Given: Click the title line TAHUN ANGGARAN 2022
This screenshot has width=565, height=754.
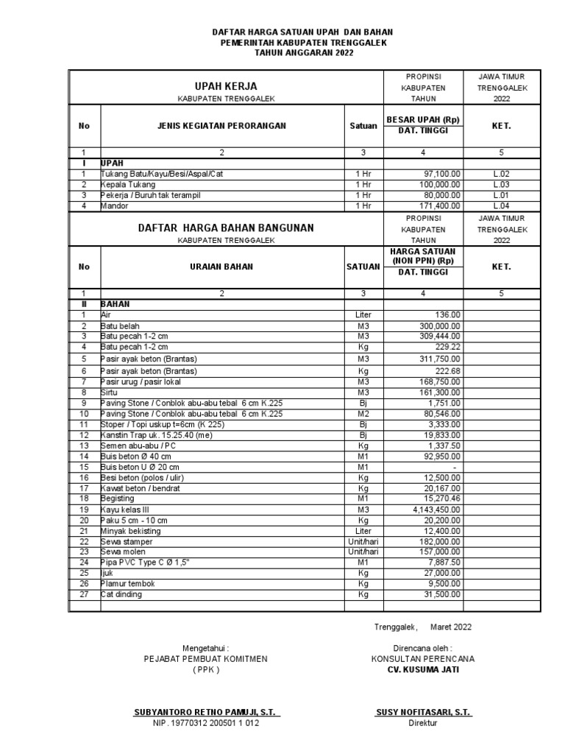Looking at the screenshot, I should point(303,54).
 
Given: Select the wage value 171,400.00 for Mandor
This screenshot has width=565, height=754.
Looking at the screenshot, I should point(438,206).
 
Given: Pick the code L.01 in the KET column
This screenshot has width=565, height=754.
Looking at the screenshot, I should point(501,195).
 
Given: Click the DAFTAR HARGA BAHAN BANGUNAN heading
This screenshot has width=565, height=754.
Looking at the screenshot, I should point(225,228).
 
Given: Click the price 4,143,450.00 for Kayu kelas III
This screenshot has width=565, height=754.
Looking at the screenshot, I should point(432,509).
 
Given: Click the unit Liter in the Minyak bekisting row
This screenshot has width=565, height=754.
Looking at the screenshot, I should point(363,531).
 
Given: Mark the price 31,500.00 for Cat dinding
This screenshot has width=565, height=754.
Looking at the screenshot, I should point(440,594).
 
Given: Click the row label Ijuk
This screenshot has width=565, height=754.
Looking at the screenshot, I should point(107,573).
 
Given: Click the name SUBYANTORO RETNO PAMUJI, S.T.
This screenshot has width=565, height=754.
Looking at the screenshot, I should point(206,713).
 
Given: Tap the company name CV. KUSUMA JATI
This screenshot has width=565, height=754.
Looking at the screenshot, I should point(423,669).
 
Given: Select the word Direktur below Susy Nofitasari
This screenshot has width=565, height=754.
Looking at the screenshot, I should point(422,723).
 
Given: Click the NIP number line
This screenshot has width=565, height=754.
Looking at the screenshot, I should point(206,723).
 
